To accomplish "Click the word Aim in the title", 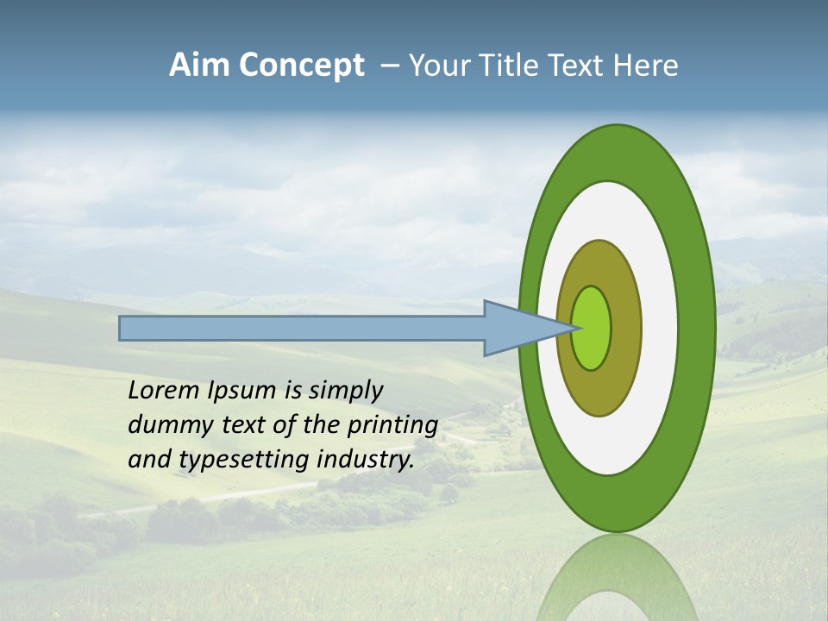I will tap(200, 66).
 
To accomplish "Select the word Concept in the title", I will tap(302, 66).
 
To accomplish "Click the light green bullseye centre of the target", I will tap(592, 329).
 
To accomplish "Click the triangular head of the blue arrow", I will tap(517, 329).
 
